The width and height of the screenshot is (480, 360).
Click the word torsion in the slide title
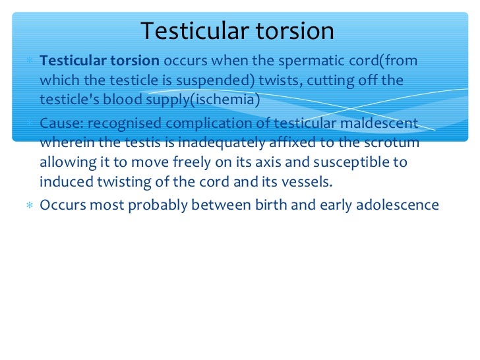tap(293, 31)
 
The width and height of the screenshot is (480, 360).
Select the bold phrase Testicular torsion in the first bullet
tap(100, 61)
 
